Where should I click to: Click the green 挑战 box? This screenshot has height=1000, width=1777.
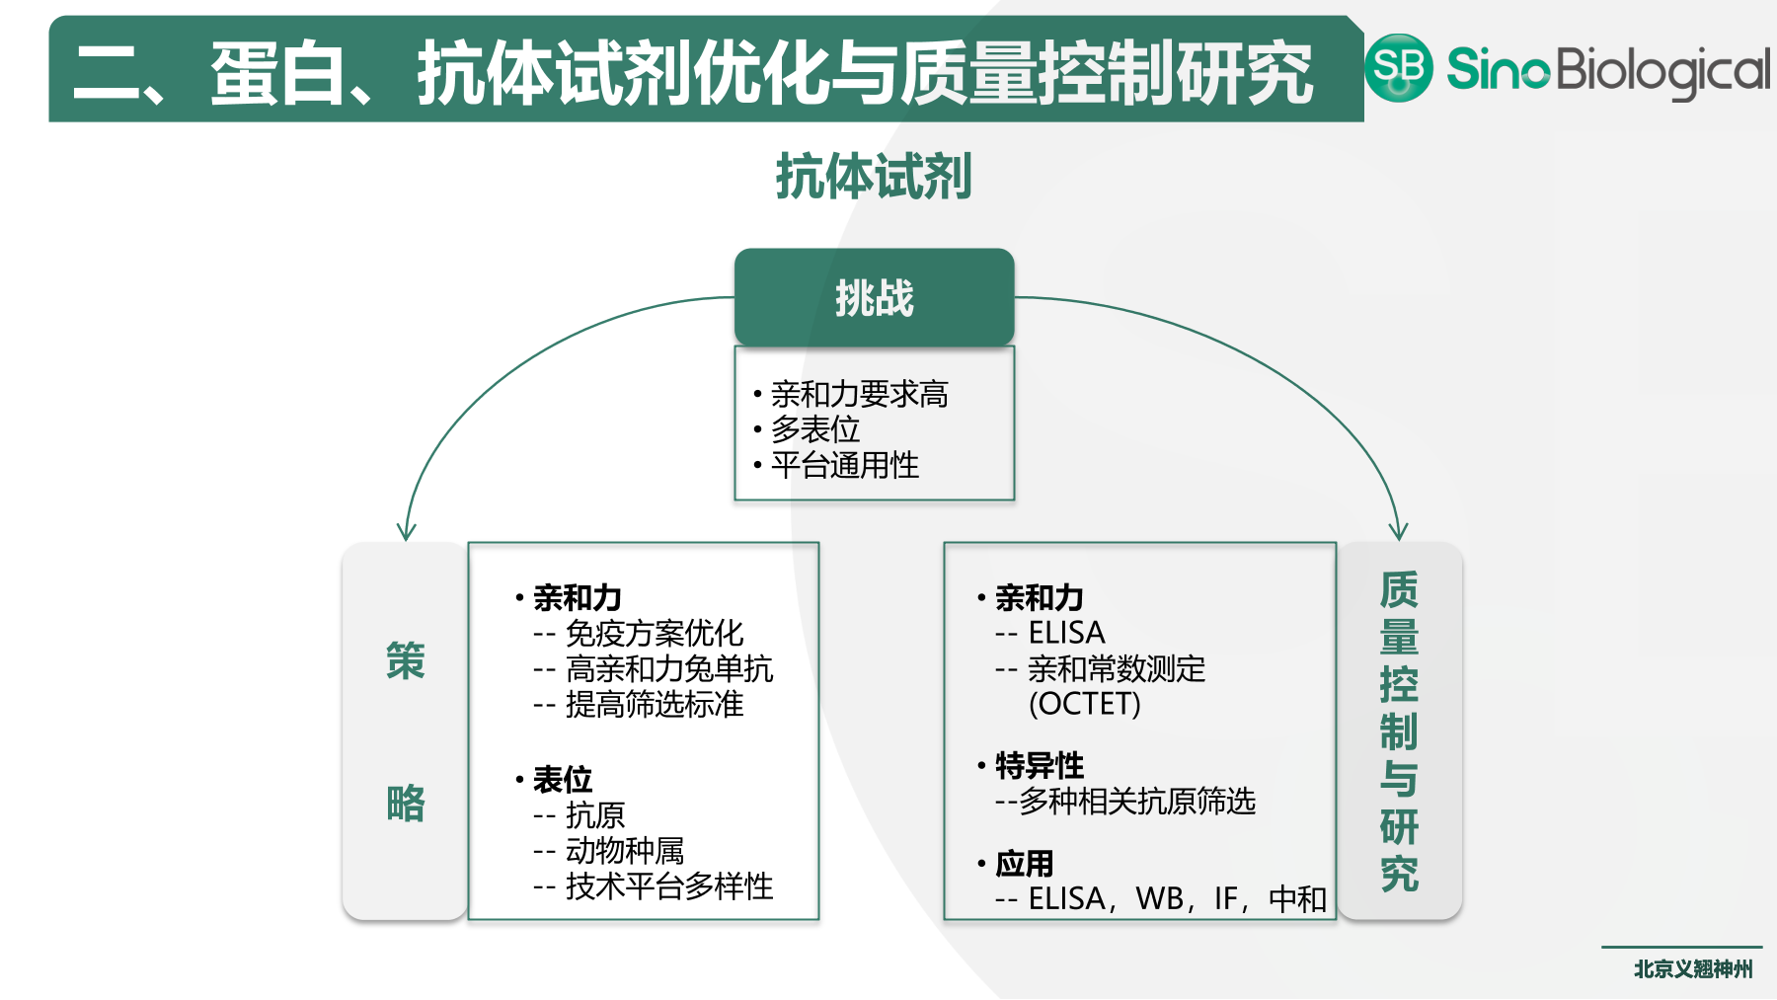pyautogui.click(x=874, y=297)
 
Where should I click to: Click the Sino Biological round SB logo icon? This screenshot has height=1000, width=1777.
pyautogui.click(x=1398, y=67)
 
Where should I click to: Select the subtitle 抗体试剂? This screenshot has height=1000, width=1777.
pyautogui.click(x=874, y=177)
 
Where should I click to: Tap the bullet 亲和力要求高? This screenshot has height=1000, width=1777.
pyautogui.click(x=859, y=394)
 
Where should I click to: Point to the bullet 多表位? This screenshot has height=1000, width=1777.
pyautogui.click(x=815, y=429)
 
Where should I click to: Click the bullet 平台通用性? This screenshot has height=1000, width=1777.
pyautogui.click(x=844, y=465)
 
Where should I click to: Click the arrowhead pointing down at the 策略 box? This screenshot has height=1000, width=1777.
pyautogui.click(x=406, y=532)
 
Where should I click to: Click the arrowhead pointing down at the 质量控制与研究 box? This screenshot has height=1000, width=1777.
pyautogui.click(x=1398, y=531)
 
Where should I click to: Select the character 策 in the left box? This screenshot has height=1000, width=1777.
pyautogui.click(x=405, y=660)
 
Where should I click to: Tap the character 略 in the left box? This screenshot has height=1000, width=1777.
pyautogui.click(x=405, y=803)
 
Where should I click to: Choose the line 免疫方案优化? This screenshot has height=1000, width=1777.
pyautogui.click(x=654, y=633)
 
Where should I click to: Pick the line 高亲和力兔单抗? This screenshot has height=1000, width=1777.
pyautogui.click(x=668, y=668)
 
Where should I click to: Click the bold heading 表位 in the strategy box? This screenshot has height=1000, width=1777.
pyautogui.click(x=563, y=779)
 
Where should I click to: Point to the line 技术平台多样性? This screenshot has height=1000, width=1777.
pyautogui.click(x=668, y=885)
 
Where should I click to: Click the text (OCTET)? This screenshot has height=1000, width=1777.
pyautogui.click(x=1084, y=704)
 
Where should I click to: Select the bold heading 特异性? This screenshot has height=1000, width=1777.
pyautogui.click(x=1040, y=765)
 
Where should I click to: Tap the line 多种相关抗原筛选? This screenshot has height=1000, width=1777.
pyautogui.click(x=1136, y=801)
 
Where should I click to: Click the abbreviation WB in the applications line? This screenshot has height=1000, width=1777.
pyautogui.click(x=1158, y=898)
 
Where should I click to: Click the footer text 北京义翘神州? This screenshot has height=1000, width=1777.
pyautogui.click(x=1692, y=969)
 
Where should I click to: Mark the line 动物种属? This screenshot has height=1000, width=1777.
pyautogui.click(x=624, y=850)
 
